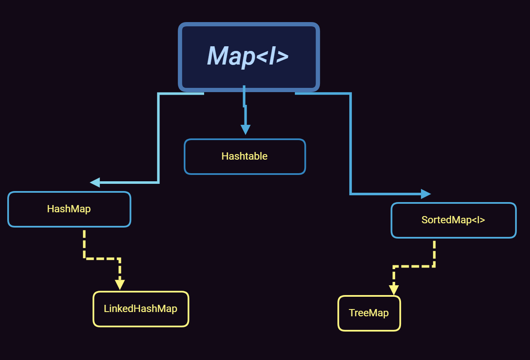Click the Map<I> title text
[x=248, y=56]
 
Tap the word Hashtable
[x=244, y=156]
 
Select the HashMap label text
[x=69, y=209]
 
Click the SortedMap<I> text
[x=453, y=220]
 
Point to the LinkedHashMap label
[x=140, y=309]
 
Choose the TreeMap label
[x=369, y=313]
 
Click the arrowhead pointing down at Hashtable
[x=245, y=129]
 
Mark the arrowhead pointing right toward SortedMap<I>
[x=426, y=194]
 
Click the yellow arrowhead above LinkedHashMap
[x=120, y=284]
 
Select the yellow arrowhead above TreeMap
[x=394, y=290]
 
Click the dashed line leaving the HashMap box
[x=84, y=244]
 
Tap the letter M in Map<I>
[x=217, y=56]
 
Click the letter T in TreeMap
[x=351, y=313]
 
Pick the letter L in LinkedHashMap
[x=106, y=309]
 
